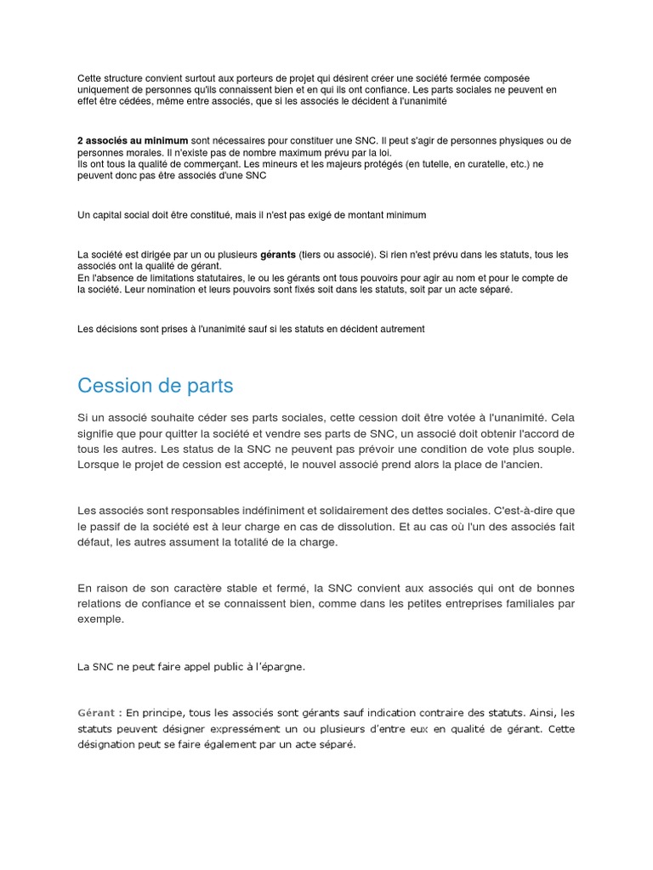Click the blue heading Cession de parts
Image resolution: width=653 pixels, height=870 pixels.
click(155, 386)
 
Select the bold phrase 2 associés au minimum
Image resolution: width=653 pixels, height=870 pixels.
click(133, 140)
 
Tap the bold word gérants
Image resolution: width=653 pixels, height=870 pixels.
click(278, 255)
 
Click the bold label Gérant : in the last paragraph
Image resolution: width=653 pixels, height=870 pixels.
click(99, 713)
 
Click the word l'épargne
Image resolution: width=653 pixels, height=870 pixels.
click(278, 667)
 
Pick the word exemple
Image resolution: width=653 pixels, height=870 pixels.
click(100, 619)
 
